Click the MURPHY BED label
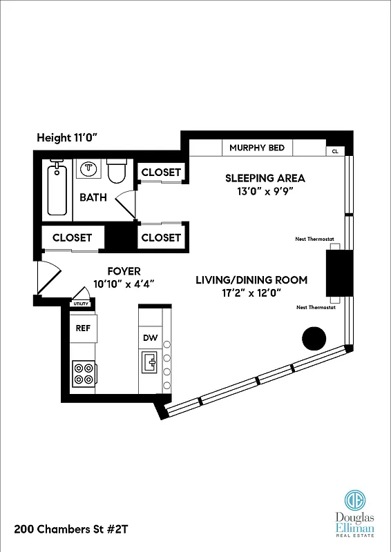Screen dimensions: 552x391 click(x=257, y=148)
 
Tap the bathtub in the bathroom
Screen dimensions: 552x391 click(x=57, y=189)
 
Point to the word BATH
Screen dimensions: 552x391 click(x=93, y=197)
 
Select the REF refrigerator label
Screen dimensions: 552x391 click(x=83, y=328)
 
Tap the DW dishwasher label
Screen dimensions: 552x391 click(x=151, y=338)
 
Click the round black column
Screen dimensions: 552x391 click(x=314, y=338)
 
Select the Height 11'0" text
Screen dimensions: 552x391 click(x=68, y=138)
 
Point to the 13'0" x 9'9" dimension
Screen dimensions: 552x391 click(x=265, y=193)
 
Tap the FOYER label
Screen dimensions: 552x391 click(x=124, y=271)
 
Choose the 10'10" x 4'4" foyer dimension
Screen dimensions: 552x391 click(x=124, y=284)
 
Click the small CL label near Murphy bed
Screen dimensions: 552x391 click(x=335, y=150)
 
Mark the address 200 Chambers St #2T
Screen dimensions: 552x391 click(x=71, y=529)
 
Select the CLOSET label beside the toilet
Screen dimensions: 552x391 click(x=161, y=172)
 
